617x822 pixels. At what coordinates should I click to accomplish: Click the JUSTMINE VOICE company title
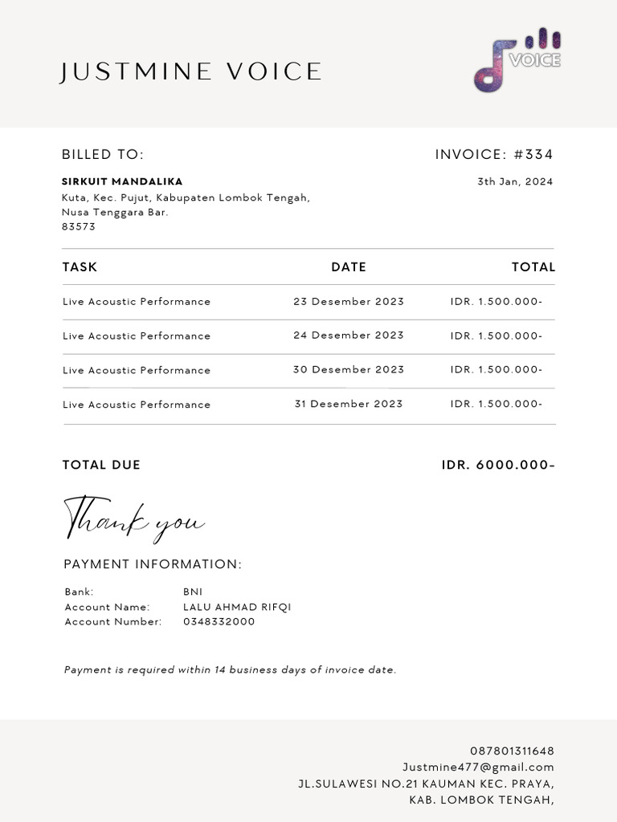[x=191, y=72]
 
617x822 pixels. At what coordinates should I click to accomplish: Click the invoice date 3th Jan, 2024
[x=515, y=181]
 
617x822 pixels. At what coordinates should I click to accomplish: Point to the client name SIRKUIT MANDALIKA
[x=122, y=181]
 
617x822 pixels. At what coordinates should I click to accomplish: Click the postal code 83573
[x=79, y=226]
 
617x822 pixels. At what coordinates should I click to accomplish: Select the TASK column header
[x=80, y=267]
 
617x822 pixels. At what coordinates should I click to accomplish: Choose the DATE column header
[x=349, y=267]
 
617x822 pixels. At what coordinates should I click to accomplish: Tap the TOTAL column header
[x=533, y=267]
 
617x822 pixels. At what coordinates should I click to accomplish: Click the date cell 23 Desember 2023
[x=349, y=302]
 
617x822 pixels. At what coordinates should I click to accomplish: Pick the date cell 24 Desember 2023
[x=349, y=336]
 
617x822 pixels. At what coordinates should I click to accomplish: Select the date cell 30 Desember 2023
[x=349, y=370]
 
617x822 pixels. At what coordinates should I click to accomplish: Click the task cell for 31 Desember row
[x=137, y=405]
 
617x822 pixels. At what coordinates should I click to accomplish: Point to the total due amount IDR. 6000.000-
[x=498, y=465]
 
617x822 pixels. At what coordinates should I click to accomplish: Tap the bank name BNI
[x=193, y=592]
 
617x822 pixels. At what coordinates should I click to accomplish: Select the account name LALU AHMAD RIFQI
[x=237, y=607]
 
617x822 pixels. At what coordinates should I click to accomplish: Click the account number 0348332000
[x=219, y=621]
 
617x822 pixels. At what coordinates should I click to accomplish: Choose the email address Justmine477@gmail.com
[x=478, y=767]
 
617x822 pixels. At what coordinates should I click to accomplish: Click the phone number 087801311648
[x=512, y=751]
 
